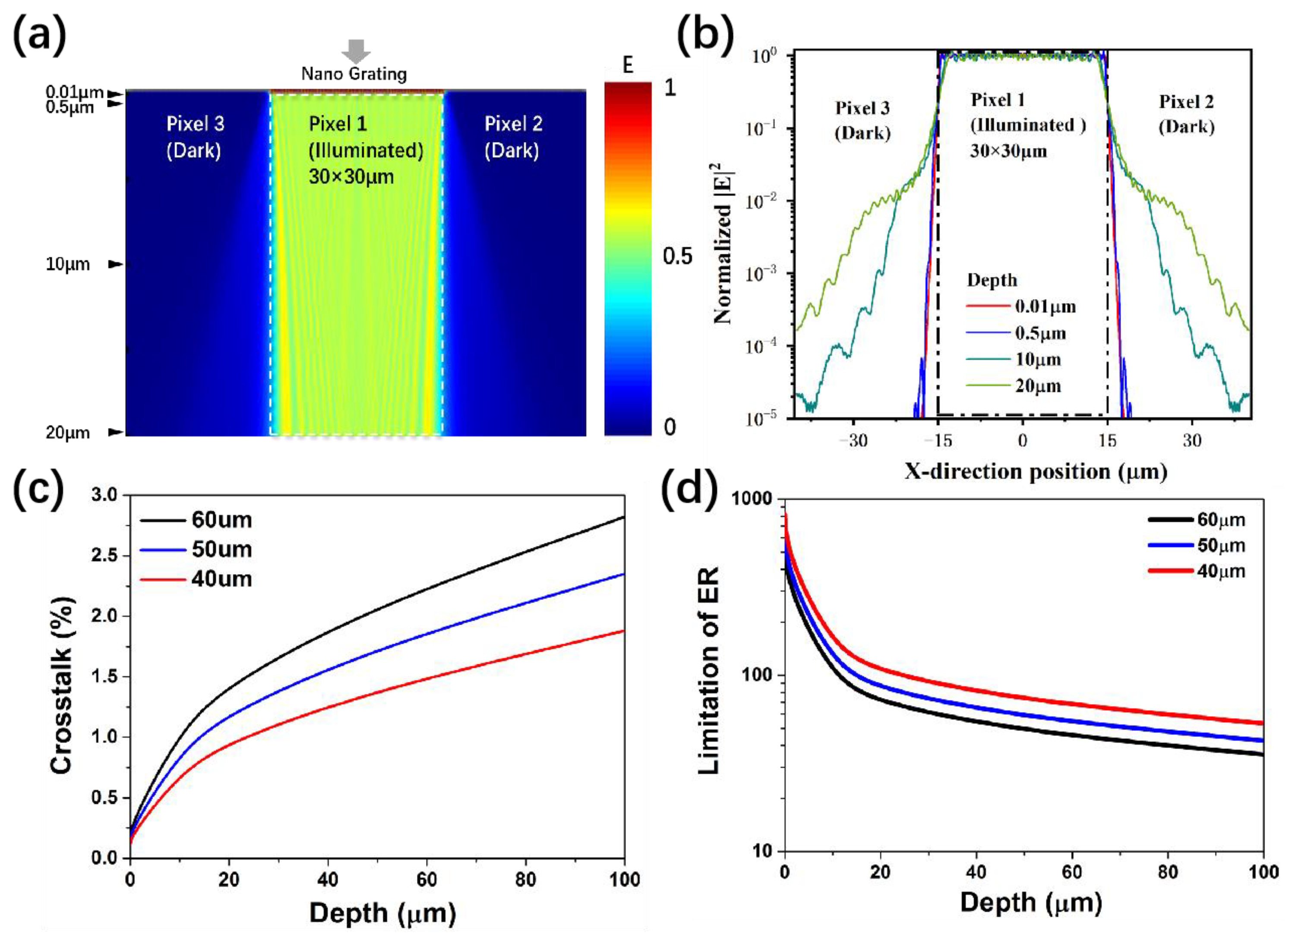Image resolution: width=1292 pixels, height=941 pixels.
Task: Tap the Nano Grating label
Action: tap(354, 74)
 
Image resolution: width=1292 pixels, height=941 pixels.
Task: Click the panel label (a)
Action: tap(39, 35)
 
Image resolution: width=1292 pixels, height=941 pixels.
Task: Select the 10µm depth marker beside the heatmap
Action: tap(68, 264)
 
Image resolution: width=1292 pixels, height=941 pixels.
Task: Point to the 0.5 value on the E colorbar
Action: tap(677, 256)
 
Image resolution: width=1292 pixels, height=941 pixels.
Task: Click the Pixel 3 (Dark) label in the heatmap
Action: tap(195, 137)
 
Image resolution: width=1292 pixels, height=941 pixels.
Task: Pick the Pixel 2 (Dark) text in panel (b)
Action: tap(1186, 114)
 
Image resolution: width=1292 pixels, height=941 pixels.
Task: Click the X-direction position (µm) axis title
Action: tap(1036, 472)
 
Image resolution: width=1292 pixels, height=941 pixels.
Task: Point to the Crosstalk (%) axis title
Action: tap(62, 685)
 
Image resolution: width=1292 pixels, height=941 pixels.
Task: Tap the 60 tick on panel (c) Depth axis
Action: tap(426, 879)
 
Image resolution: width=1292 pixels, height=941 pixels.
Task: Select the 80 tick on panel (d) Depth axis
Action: tap(1168, 872)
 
